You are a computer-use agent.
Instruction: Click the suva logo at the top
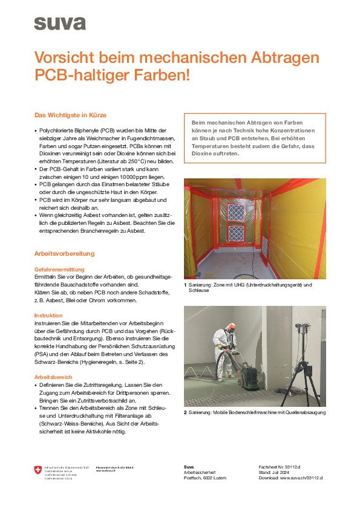(59, 24)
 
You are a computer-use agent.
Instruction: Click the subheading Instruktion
(48, 316)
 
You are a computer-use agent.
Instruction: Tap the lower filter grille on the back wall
(237, 234)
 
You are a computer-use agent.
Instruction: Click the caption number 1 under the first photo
(185, 285)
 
